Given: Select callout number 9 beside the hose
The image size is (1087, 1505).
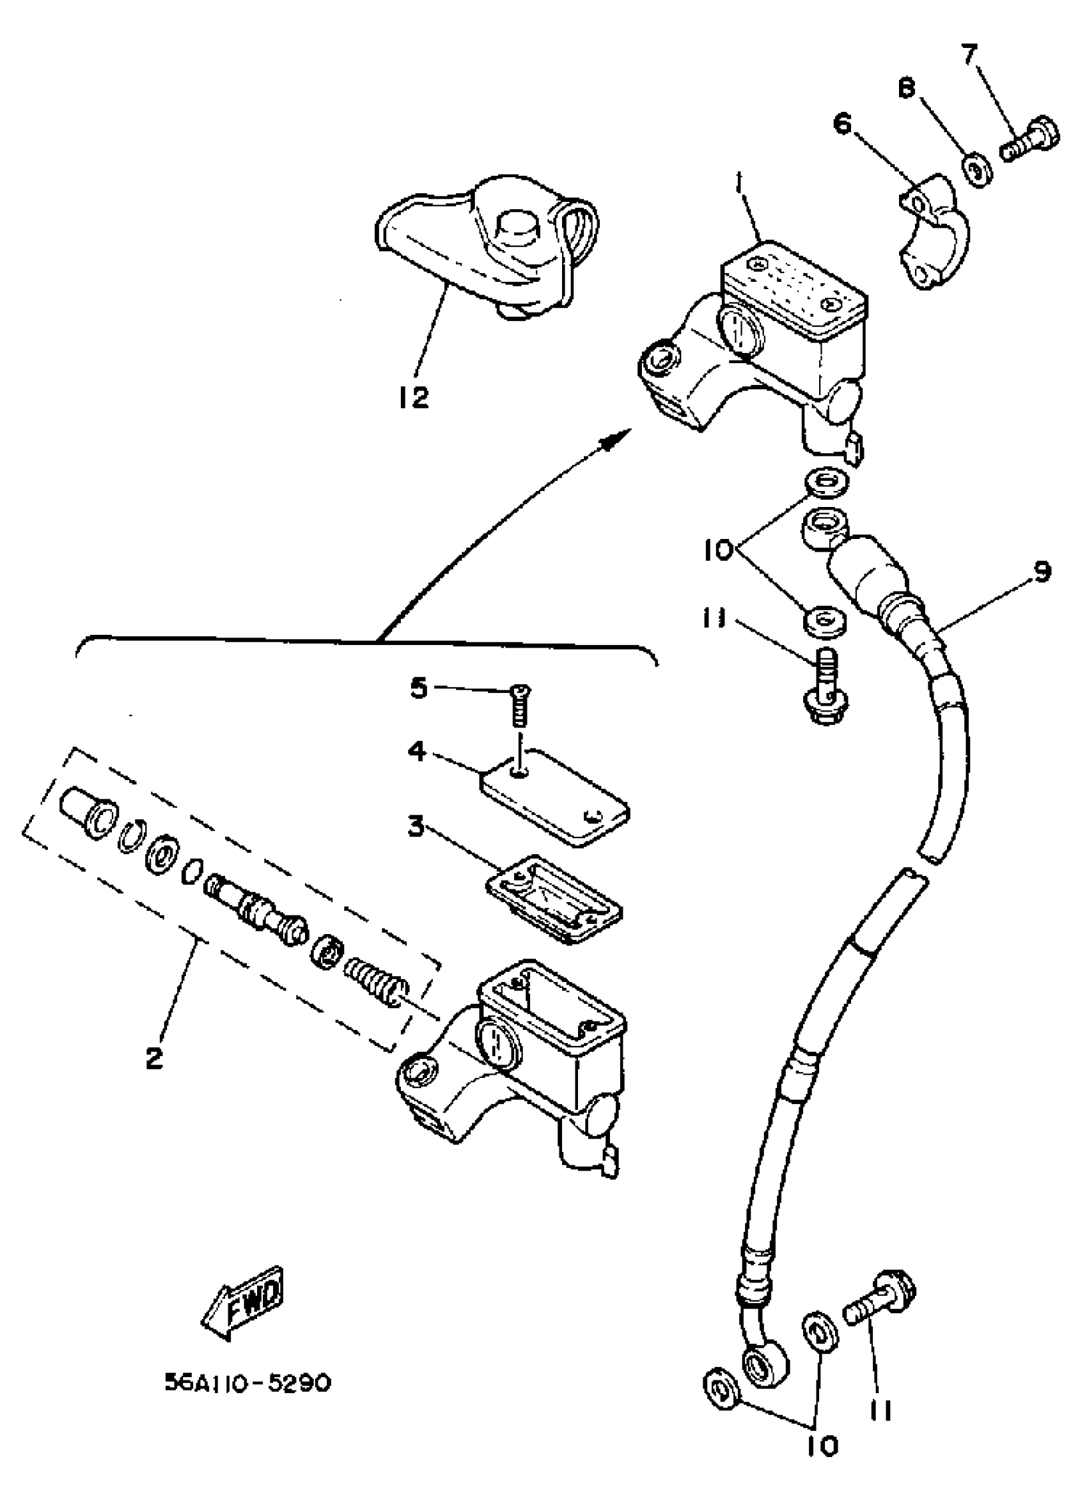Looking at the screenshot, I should (1042, 570).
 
